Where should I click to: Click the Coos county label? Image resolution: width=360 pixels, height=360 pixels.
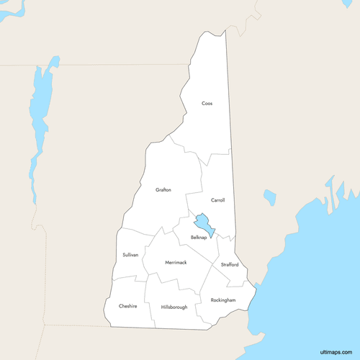[x=207, y=104]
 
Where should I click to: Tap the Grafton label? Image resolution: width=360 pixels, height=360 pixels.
[x=163, y=190]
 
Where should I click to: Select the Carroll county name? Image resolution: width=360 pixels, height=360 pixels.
[x=218, y=200]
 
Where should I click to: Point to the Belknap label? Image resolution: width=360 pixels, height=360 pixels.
[x=199, y=238]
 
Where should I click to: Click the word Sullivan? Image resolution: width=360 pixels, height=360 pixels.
[x=130, y=255]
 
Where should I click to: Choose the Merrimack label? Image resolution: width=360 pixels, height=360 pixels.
[x=176, y=262]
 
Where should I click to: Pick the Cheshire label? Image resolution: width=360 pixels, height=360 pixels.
[x=128, y=306]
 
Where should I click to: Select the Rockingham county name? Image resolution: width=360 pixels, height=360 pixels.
[x=223, y=300]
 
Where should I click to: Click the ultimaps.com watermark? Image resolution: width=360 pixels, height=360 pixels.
[x=333, y=351]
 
